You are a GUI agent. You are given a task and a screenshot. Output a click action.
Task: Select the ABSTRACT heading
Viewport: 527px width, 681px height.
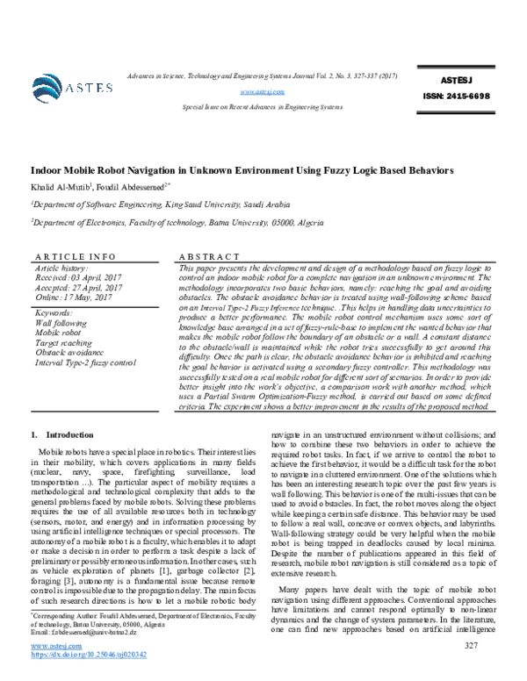click(208, 255)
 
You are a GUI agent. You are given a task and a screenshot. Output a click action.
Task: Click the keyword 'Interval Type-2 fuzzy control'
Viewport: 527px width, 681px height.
click(86, 362)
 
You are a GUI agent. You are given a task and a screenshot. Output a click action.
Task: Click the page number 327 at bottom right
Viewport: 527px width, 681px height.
click(470, 670)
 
